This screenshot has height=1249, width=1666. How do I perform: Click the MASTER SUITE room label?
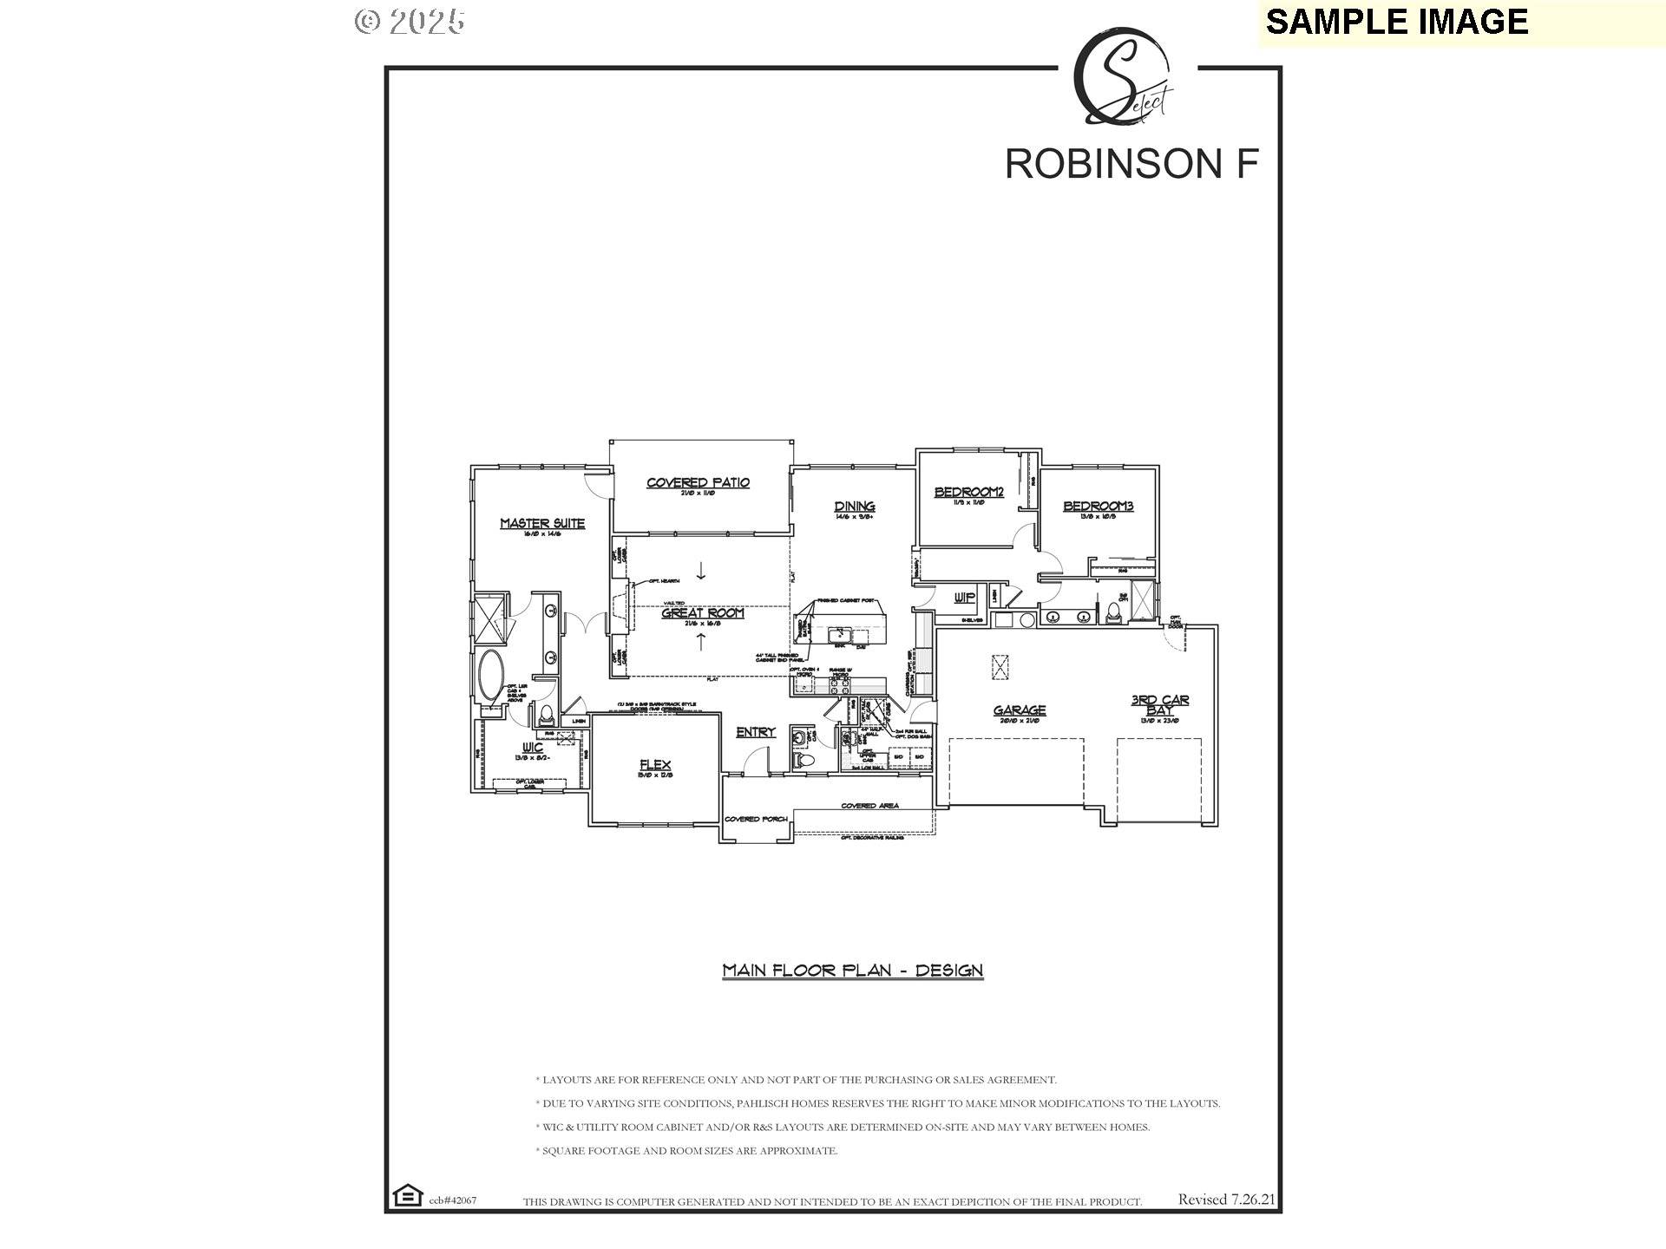click(x=542, y=523)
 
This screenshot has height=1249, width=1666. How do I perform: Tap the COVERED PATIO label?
click(x=698, y=482)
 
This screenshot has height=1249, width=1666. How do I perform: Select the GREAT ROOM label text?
click(x=703, y=612)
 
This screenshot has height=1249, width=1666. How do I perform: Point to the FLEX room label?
click(x=655, y=764)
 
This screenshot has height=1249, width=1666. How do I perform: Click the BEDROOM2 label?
click(x=968, y=492)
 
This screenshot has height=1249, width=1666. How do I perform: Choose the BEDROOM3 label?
click(x=1098, y=506)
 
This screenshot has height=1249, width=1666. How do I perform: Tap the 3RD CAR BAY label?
click(x=1160, y=704)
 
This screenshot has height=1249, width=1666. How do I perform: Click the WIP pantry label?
click(x=964, y=598)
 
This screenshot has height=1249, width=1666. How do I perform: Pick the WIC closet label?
click(x=533, y=747)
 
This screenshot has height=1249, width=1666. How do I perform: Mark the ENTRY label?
click(x=755, y=732)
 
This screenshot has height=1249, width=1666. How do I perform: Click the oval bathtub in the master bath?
click(x=490, y=677)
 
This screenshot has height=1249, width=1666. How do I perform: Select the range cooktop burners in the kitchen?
click(x=839, y=685)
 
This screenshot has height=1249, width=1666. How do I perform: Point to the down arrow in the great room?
click(x=701, y=571)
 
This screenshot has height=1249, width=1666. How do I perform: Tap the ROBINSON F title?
click(x=1131, y=163)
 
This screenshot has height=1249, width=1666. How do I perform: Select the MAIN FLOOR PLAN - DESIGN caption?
click(x=852, y=970)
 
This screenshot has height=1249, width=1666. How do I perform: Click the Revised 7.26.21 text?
click(x=1226, y=1200)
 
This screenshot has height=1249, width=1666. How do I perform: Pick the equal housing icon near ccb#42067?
click(x=405, y=1195)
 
